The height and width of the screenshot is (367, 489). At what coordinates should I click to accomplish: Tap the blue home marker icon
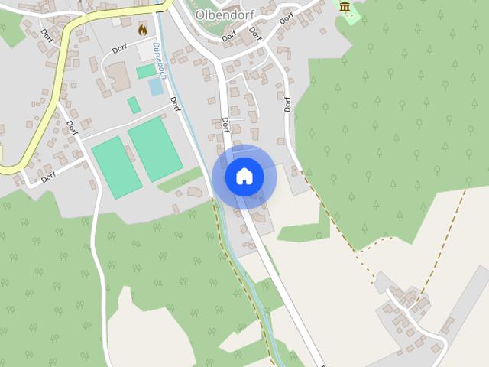tap(244, 177)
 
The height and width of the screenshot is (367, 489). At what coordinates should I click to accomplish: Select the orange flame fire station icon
tap(142, 30)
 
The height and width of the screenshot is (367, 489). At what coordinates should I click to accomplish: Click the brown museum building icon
tap(345, 8)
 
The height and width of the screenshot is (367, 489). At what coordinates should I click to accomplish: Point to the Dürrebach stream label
tap(159, 60)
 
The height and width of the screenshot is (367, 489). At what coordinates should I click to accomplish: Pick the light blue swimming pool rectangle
tap(156, 86)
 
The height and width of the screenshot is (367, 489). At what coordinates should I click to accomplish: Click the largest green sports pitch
tap(155, 148)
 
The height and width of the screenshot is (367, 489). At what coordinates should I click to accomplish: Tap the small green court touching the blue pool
tap(146, 71)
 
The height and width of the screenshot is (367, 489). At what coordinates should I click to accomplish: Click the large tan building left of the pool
tap(118, 76)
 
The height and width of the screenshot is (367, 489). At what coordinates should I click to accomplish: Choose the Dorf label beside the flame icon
tap(119, 49)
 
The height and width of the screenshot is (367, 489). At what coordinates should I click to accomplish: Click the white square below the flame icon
tap(145, 51)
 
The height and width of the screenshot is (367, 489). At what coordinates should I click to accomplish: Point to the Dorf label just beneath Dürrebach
tap(174, 104)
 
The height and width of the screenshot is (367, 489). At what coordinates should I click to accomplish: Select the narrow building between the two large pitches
tap(131, 154)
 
